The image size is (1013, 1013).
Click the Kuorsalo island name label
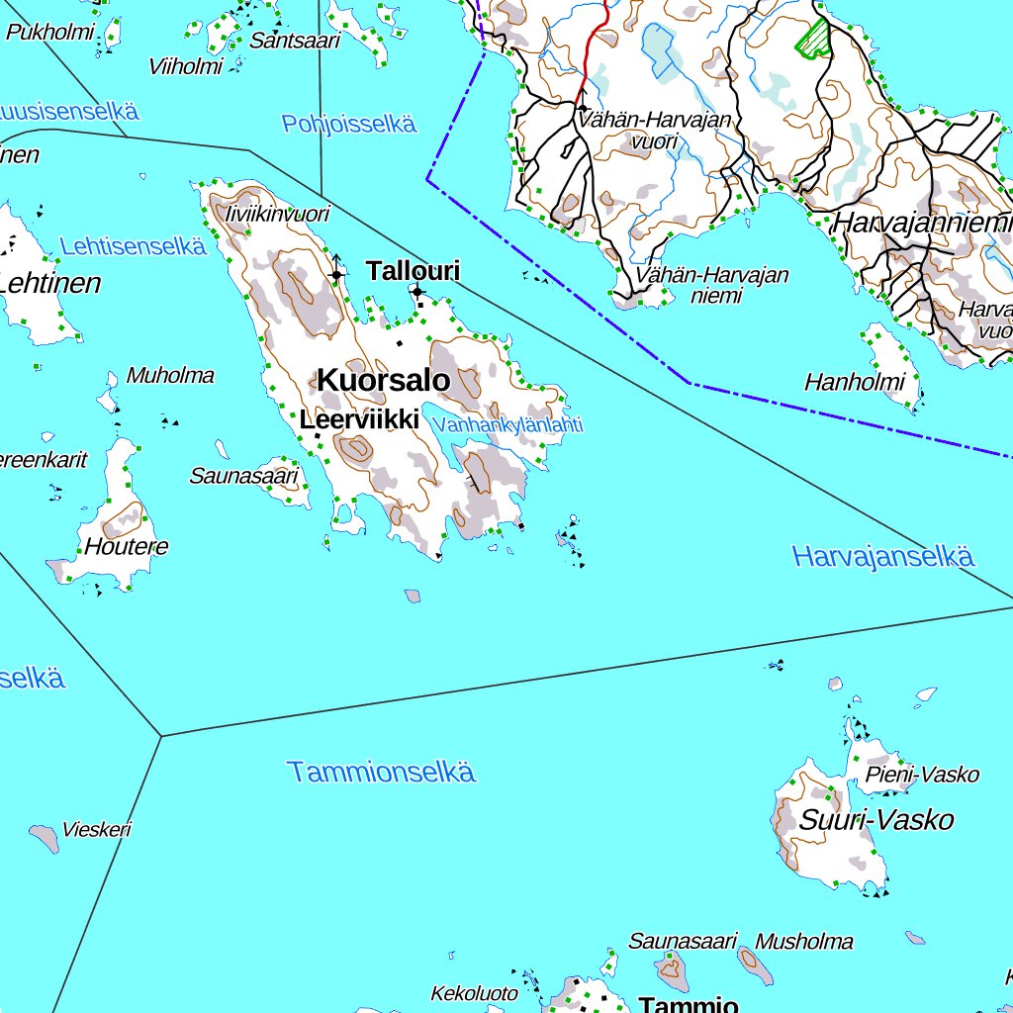point(383,380)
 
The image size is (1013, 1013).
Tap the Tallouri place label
point(414,271)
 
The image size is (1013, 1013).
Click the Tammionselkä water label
point(381,773)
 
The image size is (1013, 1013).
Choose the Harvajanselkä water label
point(883,557)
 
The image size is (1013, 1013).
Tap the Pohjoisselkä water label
point(348,125)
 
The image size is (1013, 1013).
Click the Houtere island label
point(127,547)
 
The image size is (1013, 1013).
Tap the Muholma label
point(170,376)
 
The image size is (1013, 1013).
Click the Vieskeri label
point(96,830)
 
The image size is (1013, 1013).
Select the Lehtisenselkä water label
point(133,246)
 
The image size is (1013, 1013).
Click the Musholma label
point(803,941)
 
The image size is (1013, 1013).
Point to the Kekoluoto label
point(474,992)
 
